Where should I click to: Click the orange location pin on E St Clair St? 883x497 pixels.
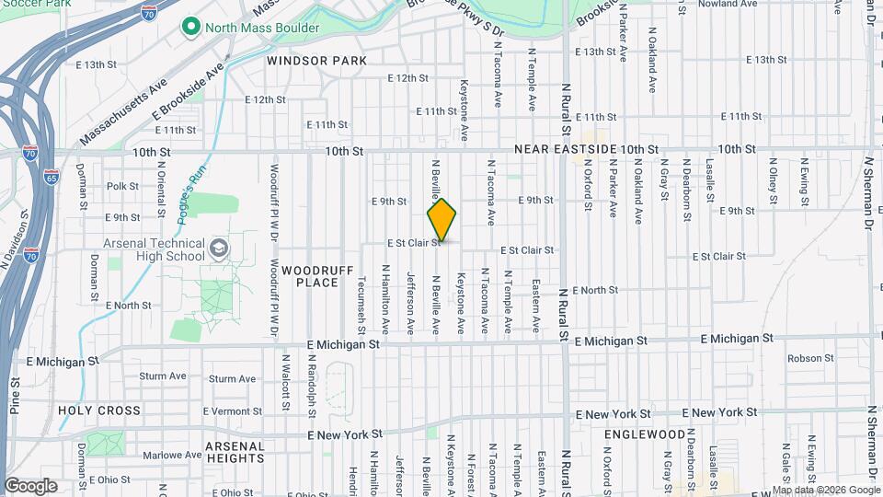tap(441, 221)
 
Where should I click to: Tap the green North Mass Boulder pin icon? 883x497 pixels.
tap(191, 28)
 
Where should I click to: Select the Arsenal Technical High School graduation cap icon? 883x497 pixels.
tap(219, 248)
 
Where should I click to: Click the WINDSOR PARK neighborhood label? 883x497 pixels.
tap(317, 61)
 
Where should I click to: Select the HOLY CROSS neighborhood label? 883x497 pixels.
tap(99, 410)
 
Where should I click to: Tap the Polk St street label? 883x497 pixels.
tap(122, 186)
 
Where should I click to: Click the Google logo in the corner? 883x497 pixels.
tap(30, 486)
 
